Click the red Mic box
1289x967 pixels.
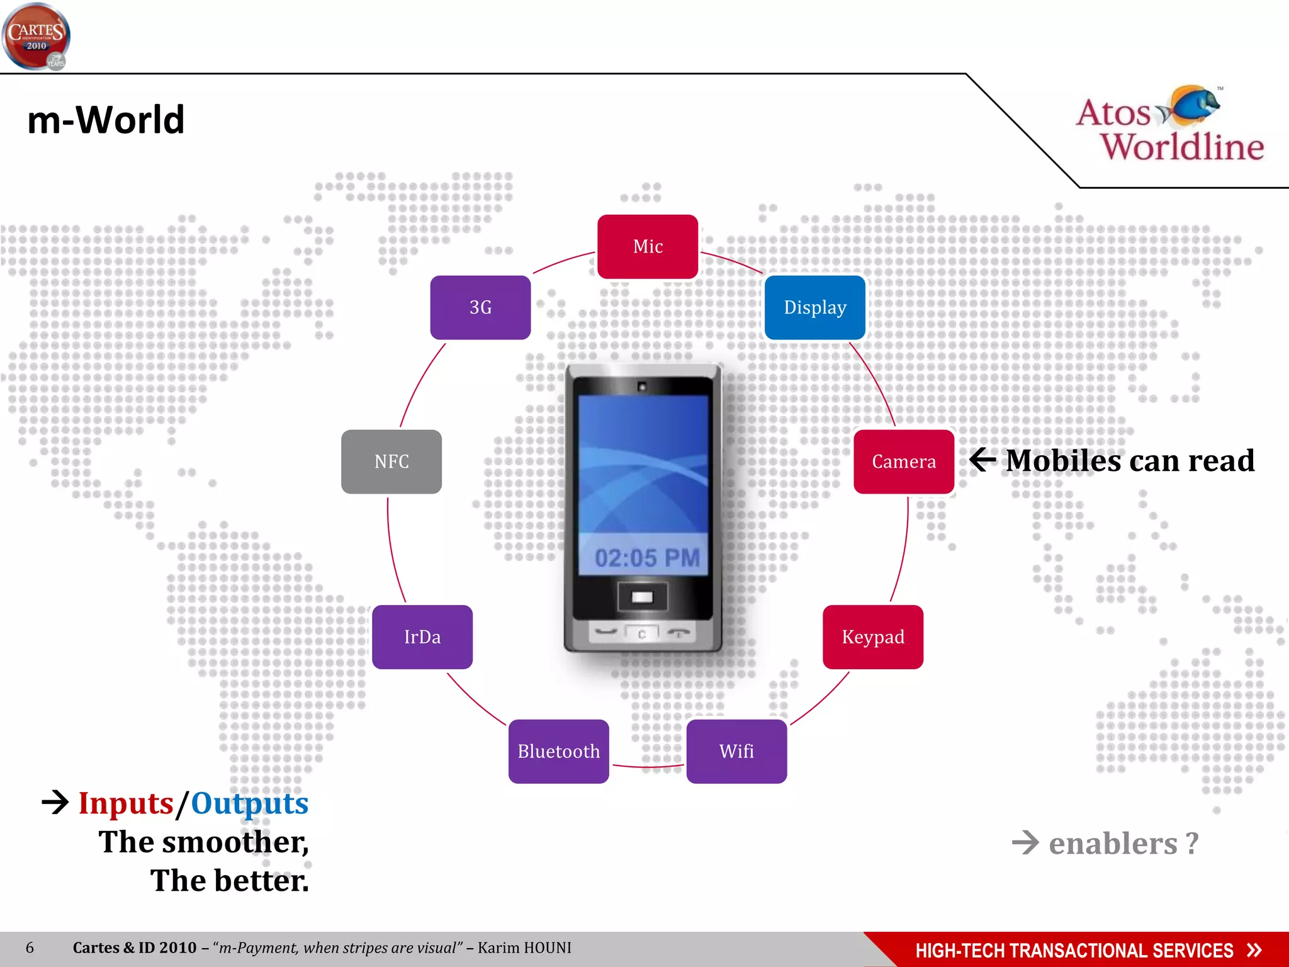(648, 247)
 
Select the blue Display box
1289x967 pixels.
(814, 307)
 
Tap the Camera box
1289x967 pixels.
(903, 461)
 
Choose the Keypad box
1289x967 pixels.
(872, 636)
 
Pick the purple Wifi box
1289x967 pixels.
(736, 751)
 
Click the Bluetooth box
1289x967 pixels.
(558, 751)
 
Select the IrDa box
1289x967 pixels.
(422, 636)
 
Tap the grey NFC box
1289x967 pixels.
(391, 461)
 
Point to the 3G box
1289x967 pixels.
(480, 307)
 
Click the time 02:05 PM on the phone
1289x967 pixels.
(646, 558)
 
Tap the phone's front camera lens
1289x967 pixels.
(642, 387)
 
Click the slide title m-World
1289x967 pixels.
(106, 120)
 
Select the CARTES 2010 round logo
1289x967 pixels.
(36, 37)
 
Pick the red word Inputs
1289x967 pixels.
(125, 803)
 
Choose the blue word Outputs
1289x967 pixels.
(249, 803)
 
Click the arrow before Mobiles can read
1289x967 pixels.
(982, 460)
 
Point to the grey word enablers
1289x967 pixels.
(1112, 843)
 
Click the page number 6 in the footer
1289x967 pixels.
(30, 947)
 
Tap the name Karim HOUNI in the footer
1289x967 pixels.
(524, 947)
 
